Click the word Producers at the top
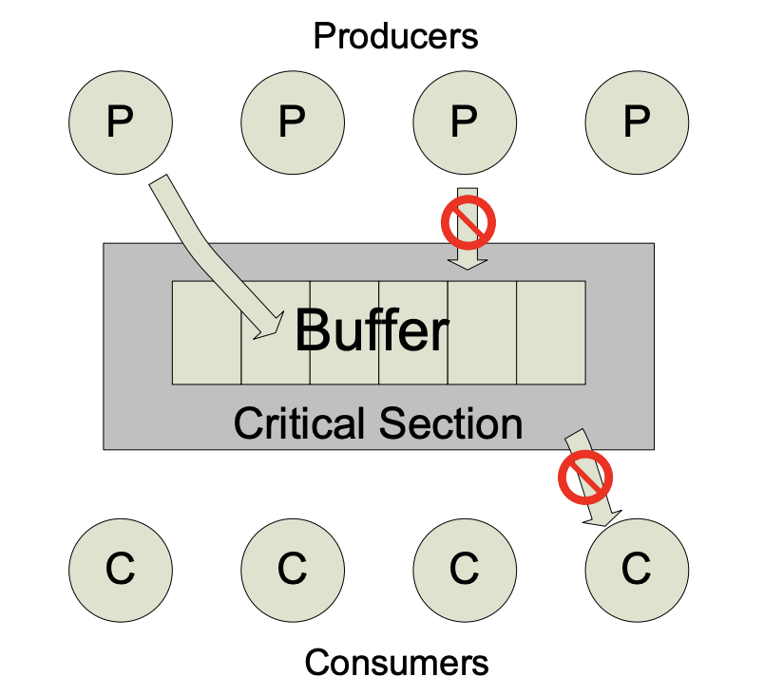pos(395,37)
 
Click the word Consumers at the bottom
pos(396,662)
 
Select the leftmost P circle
pos(121,122)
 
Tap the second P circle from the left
pos(293,122)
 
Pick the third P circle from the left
pos(465,122)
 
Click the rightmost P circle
pos(637,122)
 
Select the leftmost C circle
pos(121,569)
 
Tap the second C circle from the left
pos(293,569)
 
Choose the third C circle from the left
pos(465,569)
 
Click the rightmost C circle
pos(637,569)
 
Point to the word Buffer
pos(371,331)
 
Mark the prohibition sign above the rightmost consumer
pos(582,478)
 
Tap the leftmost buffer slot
pos(206,332)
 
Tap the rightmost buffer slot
pos(550,332)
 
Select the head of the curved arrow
pos(272,326)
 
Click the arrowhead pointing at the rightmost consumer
pos(602,516)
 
